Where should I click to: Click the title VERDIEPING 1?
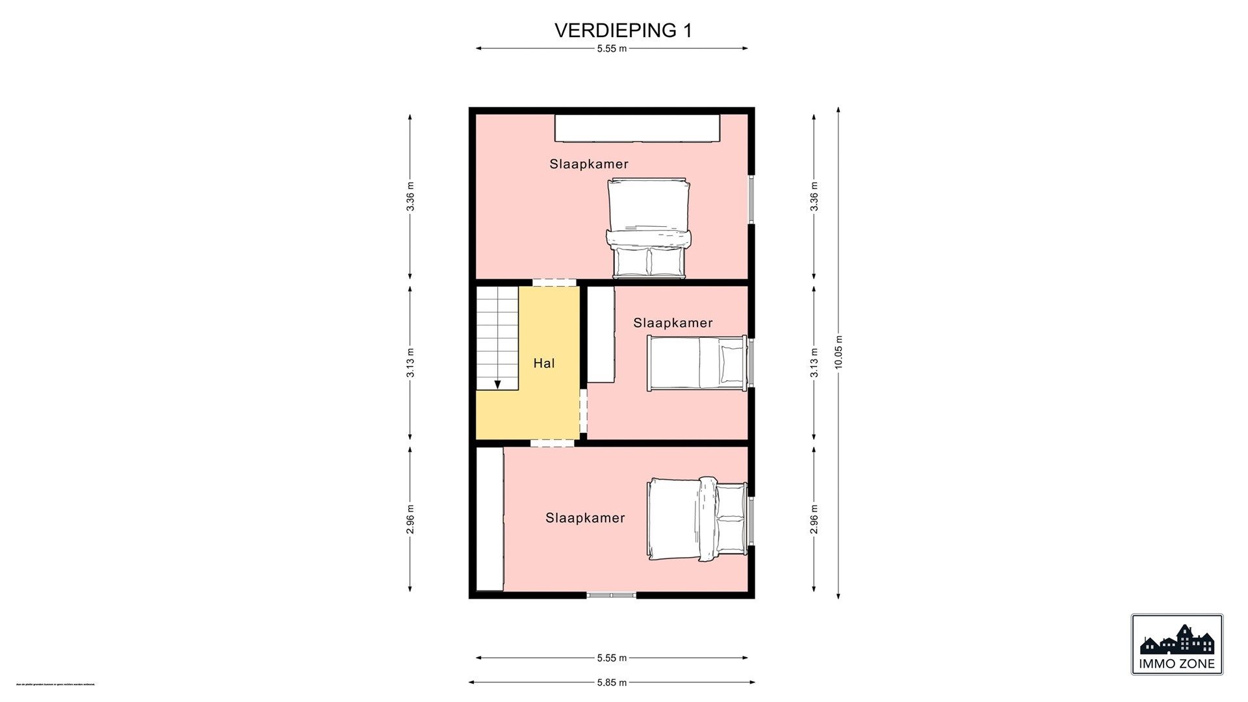point(623,31)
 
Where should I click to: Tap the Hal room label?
point(544,363)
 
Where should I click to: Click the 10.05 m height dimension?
point(838,352)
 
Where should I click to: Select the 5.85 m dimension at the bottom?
point(612,682)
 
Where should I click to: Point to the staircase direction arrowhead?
point(497,385)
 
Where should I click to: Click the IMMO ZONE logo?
point(1176,644)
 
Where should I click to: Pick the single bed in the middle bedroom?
point(697,363)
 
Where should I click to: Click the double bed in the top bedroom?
point(649,227)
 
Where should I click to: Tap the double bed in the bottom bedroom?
point(697,519)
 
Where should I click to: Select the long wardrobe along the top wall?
point(637,128)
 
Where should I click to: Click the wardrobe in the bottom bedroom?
point(490,519)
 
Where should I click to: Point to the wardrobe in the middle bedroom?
point(601,334)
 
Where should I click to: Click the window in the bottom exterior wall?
point(612,595)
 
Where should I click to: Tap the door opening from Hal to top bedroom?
point(554,283)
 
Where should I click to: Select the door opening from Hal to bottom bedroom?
point(552,443)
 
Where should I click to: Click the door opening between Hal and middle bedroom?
point(583,411)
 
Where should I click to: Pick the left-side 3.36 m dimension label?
point(410,196)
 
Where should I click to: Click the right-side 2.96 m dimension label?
point(814,519)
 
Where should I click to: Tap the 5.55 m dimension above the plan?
point(612,48)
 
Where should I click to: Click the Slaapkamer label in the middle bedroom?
point(673,323)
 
